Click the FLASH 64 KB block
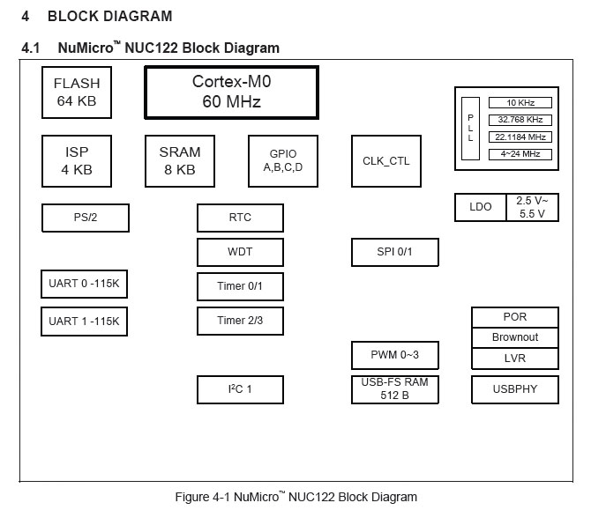[77, 92]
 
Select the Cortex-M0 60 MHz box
[231, 92]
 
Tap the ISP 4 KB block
[77, 160]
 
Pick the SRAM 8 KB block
[180, 160]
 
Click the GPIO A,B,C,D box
[282, 160]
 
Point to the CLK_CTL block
[386, 161]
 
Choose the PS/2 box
[86, 218]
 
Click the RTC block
[240, 218]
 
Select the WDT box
[240, 252]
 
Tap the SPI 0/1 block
[394, 252]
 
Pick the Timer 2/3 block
[240, 321]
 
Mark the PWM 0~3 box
[394, 355]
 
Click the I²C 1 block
[240, 389]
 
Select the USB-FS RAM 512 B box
[394, 389]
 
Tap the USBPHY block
[515, 389]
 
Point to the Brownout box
[515, 337]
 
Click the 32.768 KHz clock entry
[520, 119]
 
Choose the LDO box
[481, 207]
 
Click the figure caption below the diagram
[296, 497]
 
